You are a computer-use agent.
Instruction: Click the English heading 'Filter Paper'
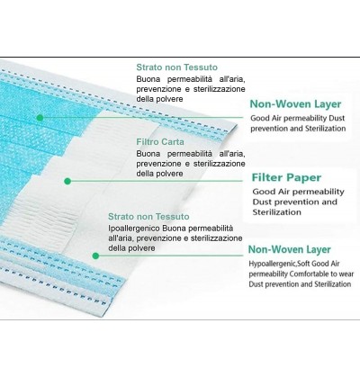(286, 177)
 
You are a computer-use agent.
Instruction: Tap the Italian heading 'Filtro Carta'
(160, 142)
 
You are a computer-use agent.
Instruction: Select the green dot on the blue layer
(40, 118)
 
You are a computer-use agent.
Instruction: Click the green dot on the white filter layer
(67, 181)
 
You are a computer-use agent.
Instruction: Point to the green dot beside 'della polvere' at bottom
(95, 256)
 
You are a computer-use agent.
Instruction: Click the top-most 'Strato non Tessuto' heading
(177, 67)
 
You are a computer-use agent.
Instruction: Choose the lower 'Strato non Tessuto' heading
(148, 217)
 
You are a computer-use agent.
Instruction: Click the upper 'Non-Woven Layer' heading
(295, 104)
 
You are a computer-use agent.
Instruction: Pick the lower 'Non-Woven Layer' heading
(290, 249)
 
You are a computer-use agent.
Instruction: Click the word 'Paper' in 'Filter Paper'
(304, 177)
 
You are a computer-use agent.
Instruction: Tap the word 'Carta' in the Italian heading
(173, 142)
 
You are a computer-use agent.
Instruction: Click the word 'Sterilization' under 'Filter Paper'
(276, 212)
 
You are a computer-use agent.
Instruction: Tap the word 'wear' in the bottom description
(346, 274)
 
